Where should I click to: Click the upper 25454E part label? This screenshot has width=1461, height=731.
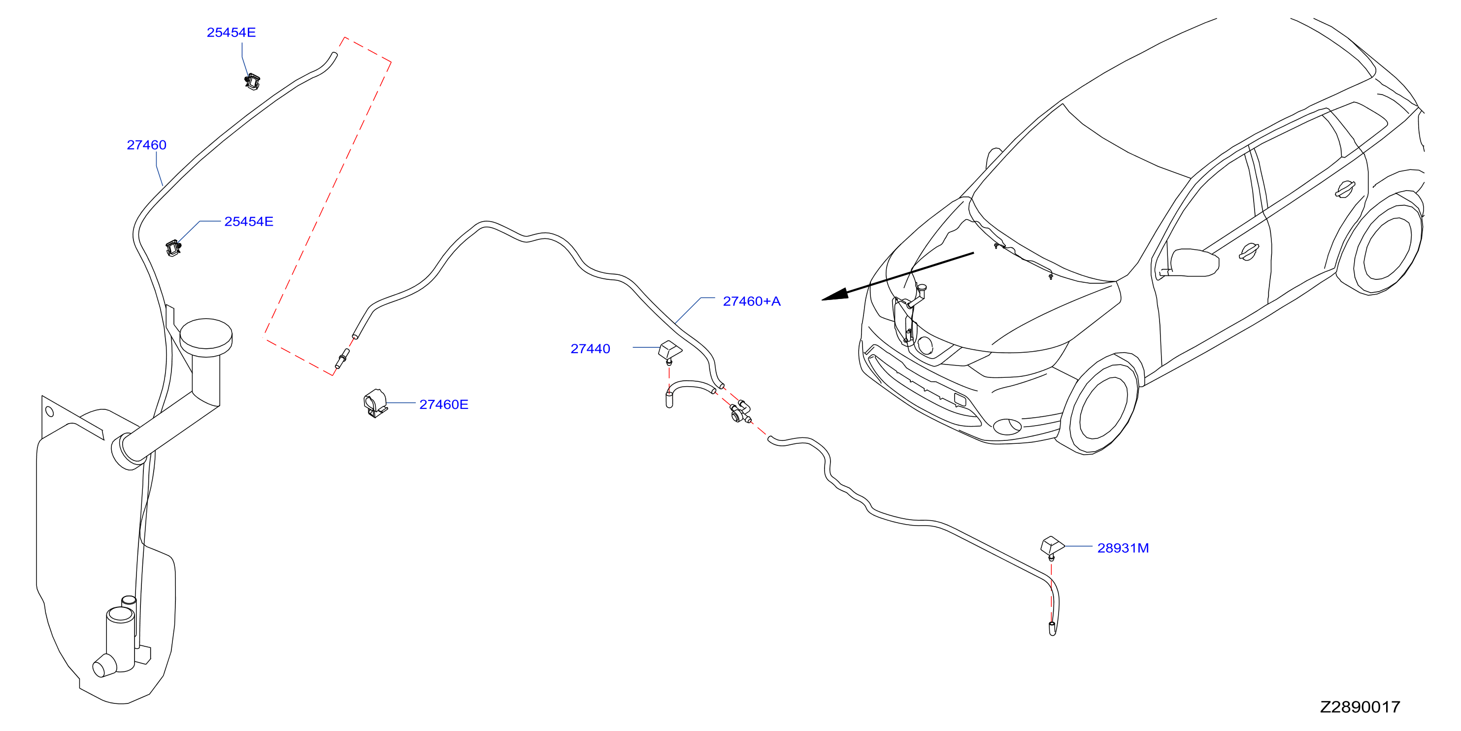coord(231,33)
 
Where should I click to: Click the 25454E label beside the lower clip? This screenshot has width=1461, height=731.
coord(248,221)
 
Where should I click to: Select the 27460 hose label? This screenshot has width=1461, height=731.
coord(146,145)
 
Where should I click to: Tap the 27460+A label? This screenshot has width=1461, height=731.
coord(752,301)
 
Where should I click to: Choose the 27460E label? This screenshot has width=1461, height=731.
coord(443,404)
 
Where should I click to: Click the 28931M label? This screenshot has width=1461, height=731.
coord(1123,548)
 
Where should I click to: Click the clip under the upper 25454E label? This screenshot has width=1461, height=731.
coord(252,81)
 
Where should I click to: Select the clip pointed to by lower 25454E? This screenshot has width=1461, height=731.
coord(173,248)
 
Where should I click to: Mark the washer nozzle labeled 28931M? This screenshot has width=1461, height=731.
coord(1053,547)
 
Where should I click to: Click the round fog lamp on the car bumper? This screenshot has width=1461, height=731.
coord(1008,426)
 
